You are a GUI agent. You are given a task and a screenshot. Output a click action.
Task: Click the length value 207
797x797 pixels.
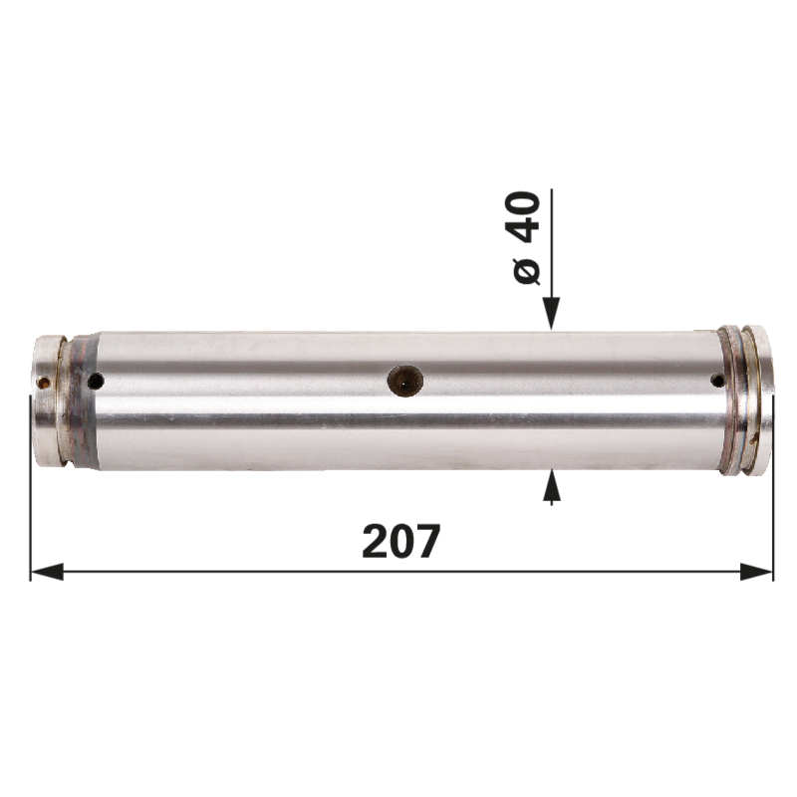400,541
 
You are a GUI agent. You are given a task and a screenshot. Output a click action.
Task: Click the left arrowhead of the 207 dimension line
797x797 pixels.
47,571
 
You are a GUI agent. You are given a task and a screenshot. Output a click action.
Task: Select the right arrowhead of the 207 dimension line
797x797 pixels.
756,571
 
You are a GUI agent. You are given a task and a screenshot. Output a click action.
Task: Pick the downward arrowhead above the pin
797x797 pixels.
552,313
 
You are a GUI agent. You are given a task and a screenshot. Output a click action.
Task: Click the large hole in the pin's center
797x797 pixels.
405,381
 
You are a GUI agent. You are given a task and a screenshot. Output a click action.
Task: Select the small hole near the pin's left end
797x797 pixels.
96,381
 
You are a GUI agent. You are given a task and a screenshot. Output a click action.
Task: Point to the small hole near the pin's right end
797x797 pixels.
717,380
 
